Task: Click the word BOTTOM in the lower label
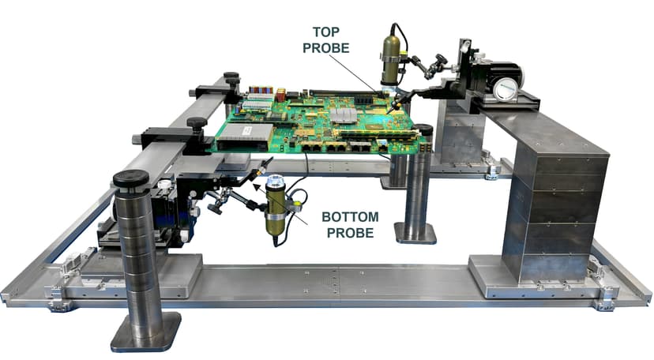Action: (350, 216)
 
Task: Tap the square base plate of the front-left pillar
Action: (146, 332)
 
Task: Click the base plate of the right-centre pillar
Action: (415, 232)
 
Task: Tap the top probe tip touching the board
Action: (392, 107)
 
